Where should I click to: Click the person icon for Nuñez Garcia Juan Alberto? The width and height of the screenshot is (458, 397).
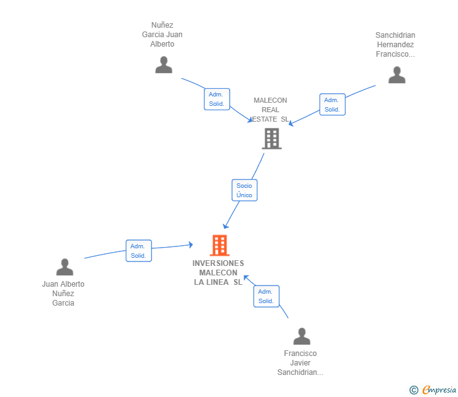coord(164,65)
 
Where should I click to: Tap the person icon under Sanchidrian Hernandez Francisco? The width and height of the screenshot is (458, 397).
coord(396,75)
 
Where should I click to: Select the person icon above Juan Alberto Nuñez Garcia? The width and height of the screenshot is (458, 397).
coord(64,267)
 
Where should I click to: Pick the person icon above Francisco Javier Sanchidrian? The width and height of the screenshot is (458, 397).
coord(301,337)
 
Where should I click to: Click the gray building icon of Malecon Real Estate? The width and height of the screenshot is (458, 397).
coord(271,139)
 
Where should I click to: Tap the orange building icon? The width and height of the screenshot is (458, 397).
coord(219,245)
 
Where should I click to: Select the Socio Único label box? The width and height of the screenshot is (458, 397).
coord(244,190)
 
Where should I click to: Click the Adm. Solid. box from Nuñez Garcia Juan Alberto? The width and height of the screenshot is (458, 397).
coord(217,99)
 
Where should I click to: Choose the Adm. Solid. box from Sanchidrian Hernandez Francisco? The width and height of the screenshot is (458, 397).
coord(332,105)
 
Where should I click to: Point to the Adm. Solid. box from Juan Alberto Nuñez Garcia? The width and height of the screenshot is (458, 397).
coord(138,251)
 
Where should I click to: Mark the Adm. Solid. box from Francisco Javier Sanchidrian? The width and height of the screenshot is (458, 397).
coord(266,296)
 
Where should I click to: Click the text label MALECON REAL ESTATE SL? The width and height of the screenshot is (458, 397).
coord(271,110)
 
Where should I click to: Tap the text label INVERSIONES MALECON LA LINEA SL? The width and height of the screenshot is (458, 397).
coord(218,273)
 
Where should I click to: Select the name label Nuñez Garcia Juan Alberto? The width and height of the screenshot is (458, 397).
coord(162,35)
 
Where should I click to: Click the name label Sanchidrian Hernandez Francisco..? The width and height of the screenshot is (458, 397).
coord(395,45)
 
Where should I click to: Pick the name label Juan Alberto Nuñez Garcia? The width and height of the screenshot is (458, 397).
coord(63,294)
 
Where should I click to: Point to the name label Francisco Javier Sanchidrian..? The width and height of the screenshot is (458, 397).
coord(300,363)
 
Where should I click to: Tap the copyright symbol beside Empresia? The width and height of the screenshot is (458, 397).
coord(413,391)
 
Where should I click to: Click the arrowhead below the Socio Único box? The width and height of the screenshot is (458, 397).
coord(225,226)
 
